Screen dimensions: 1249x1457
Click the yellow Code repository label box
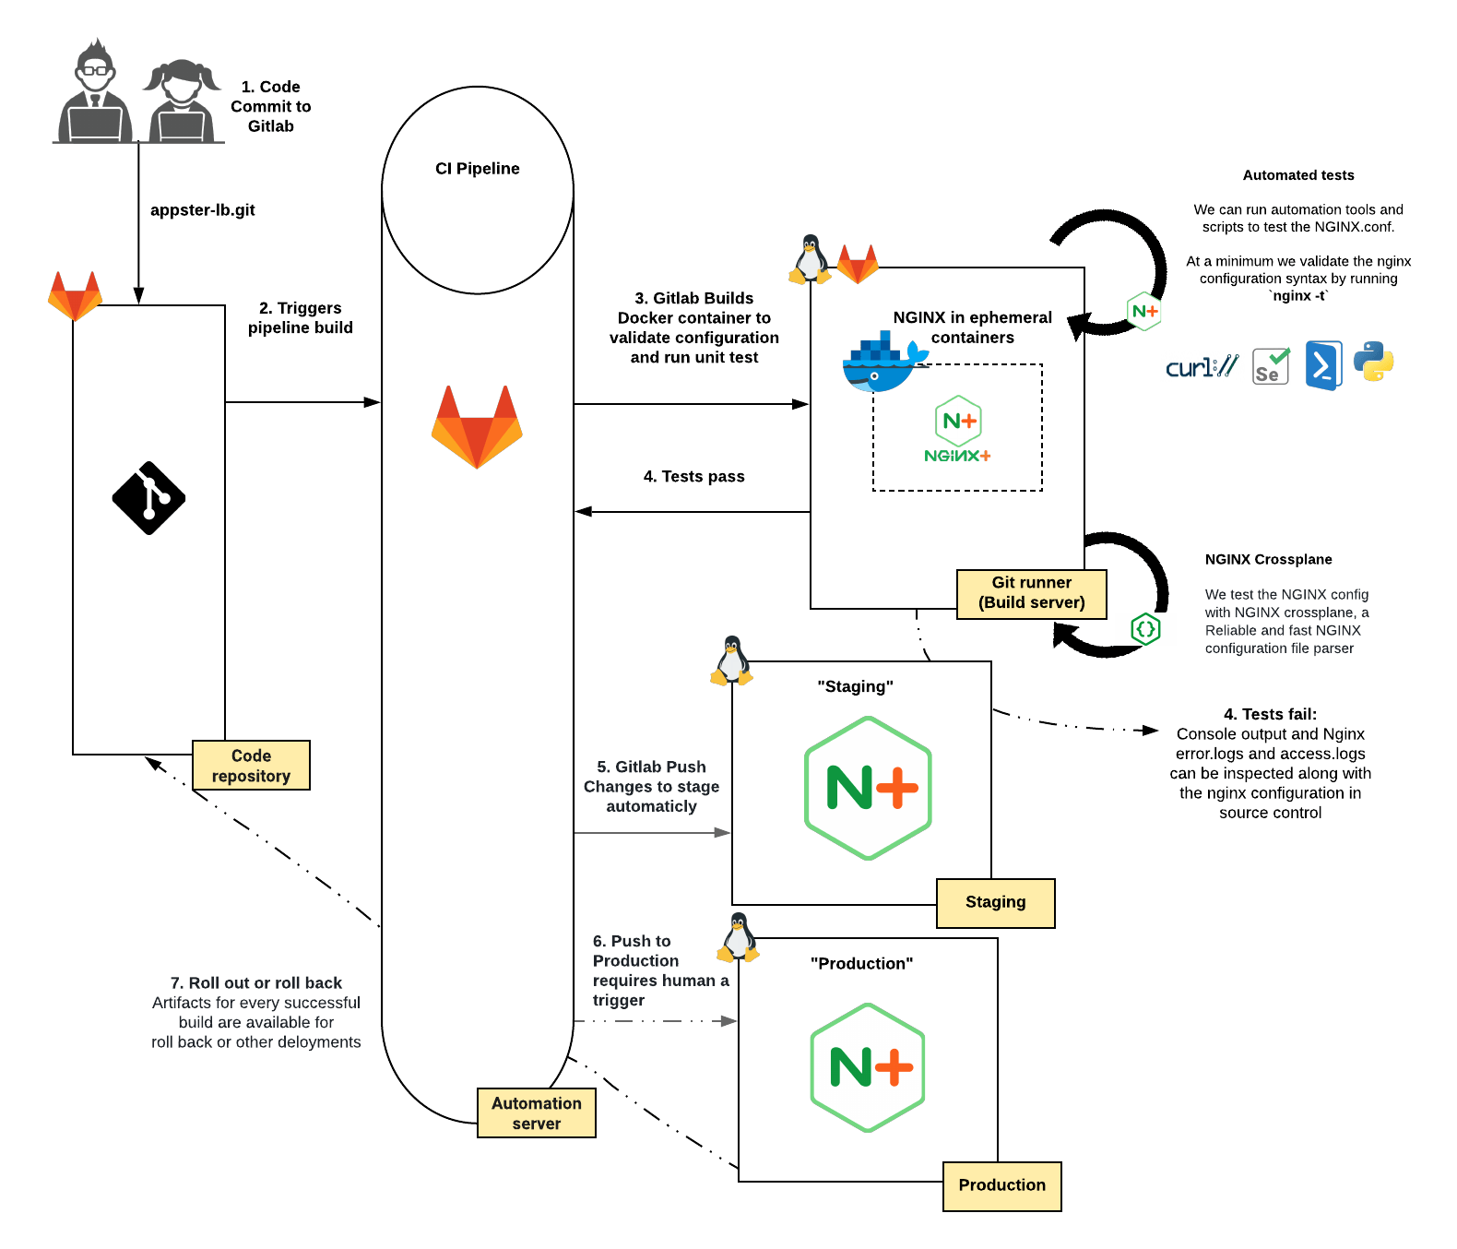[x=251, y=766]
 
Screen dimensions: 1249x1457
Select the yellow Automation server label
[x=536, y=1112]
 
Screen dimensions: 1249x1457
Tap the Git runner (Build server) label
[x=1031, y=593]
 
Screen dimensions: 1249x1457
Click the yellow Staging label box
[x=995, y=902]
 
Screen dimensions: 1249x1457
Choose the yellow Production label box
[x=1001, y=1185]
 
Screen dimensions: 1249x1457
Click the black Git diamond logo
[x=148, y=498]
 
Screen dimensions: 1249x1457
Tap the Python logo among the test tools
[x=1373, y=363]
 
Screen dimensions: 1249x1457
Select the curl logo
[x=1202, y=367]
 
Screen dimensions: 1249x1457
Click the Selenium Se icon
[x=1271, y=366]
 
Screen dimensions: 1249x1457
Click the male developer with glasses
[x=95, y=92]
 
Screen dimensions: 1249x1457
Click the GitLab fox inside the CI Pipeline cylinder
[x=477, y=426]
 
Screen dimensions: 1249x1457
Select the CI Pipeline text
[x=477, y=169]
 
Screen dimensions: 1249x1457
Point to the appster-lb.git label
[x=202, y=210]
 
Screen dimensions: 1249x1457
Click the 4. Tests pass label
[x=693, y=477]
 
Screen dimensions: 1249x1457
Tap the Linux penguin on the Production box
[x=738, y=937]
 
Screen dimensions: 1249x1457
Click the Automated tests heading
[x=1297, y=175]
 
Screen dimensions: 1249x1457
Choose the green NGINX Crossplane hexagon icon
[x=1144, y=629]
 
